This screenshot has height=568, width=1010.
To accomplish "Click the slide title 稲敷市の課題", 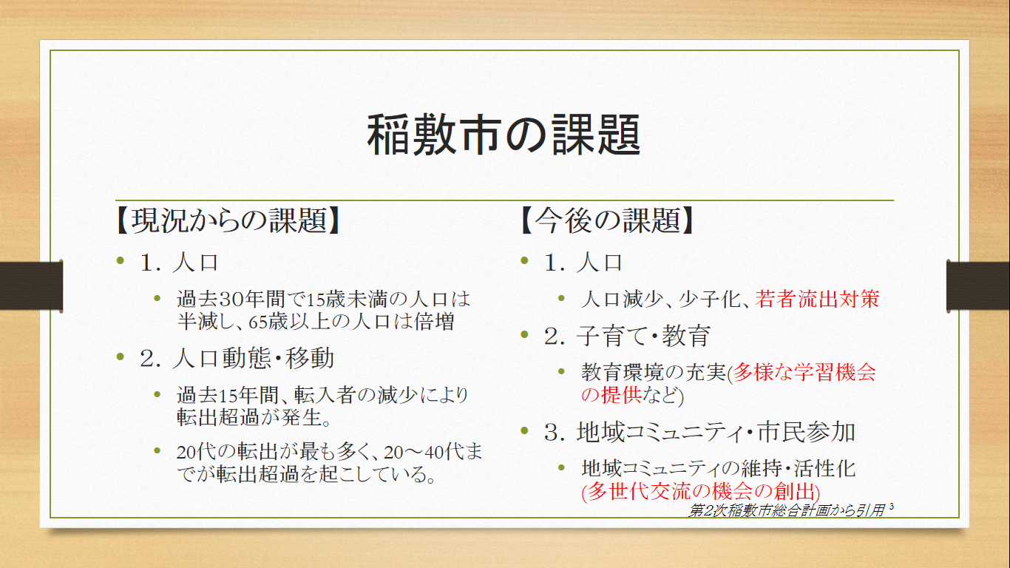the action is [x=504, y=135].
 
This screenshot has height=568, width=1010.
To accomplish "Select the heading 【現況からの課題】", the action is [x=228, y=221].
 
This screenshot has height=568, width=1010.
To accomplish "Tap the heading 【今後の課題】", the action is [x=607, y=221].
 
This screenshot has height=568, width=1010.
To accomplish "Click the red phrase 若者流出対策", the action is [x=817, y=299].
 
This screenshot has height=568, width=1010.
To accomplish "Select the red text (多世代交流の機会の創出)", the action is [x=701, y=491].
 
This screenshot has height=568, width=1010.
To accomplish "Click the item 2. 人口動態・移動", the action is [x=237, y=359].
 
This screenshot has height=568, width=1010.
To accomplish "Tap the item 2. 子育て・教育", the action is [x=628, y=336].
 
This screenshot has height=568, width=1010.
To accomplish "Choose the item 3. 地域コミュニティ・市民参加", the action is [x=699, y=432].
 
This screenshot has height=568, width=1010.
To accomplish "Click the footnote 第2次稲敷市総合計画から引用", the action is [x=787, y=510].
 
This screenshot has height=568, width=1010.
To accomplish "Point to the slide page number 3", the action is [x=892, y=507].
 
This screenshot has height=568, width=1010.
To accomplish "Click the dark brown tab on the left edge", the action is [x=31, y=286].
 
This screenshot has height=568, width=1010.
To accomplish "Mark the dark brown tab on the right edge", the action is [x=978, y=286].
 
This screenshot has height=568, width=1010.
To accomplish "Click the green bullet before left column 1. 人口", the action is [x=120, y=260].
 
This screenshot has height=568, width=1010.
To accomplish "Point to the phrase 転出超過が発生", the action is [x=249, y=417].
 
